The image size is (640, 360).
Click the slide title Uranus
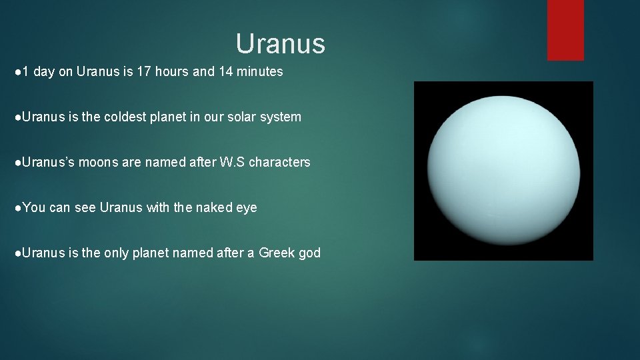point(280,44)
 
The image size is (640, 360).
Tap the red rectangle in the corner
point(565,29)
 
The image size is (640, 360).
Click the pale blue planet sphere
point(503,171)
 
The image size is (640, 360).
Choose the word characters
point(279,162)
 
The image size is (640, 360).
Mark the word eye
point(246,207)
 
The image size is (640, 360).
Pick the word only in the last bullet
point(117,253)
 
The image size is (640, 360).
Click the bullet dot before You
point(17,207)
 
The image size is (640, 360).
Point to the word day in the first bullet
point(43,71)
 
